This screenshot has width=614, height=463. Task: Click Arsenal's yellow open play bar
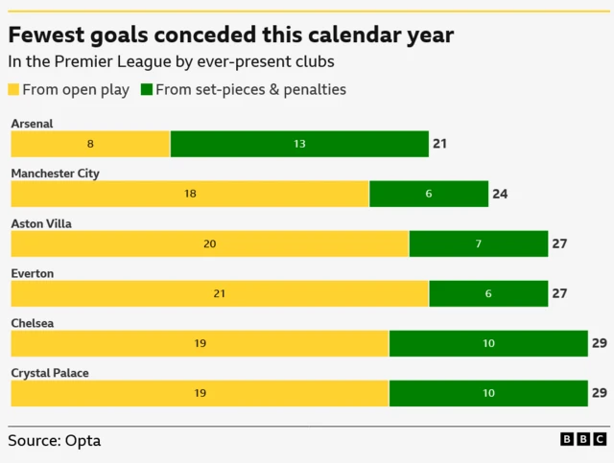[90, 144]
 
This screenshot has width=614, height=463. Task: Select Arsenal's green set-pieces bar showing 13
[299, 144]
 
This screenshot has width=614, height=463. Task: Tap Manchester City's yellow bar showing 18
[190, 194]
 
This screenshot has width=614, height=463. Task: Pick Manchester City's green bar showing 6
[429, 194]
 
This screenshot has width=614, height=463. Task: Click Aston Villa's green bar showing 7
[479, 243]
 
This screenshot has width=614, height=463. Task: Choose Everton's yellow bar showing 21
[220, 293]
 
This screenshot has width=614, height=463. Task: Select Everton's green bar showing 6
[488, 293]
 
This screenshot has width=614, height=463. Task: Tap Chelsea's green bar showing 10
[488, 343]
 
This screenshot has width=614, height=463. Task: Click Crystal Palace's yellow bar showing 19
[200, 393]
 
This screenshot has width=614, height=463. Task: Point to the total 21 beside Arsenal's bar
[440, 144]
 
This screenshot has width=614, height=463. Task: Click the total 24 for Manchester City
[500, 194]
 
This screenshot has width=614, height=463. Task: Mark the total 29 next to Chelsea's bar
[599, 343]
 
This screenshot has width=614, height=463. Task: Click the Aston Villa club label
[41, 223]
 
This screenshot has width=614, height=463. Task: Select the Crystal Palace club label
[49, 373]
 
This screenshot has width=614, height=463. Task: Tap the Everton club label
[32, 273]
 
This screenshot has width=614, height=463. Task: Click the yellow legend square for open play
[14, 89]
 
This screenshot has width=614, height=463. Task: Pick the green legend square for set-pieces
[147, 89]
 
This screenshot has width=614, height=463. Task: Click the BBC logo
[582, 439]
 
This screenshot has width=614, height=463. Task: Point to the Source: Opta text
[54, 441]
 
